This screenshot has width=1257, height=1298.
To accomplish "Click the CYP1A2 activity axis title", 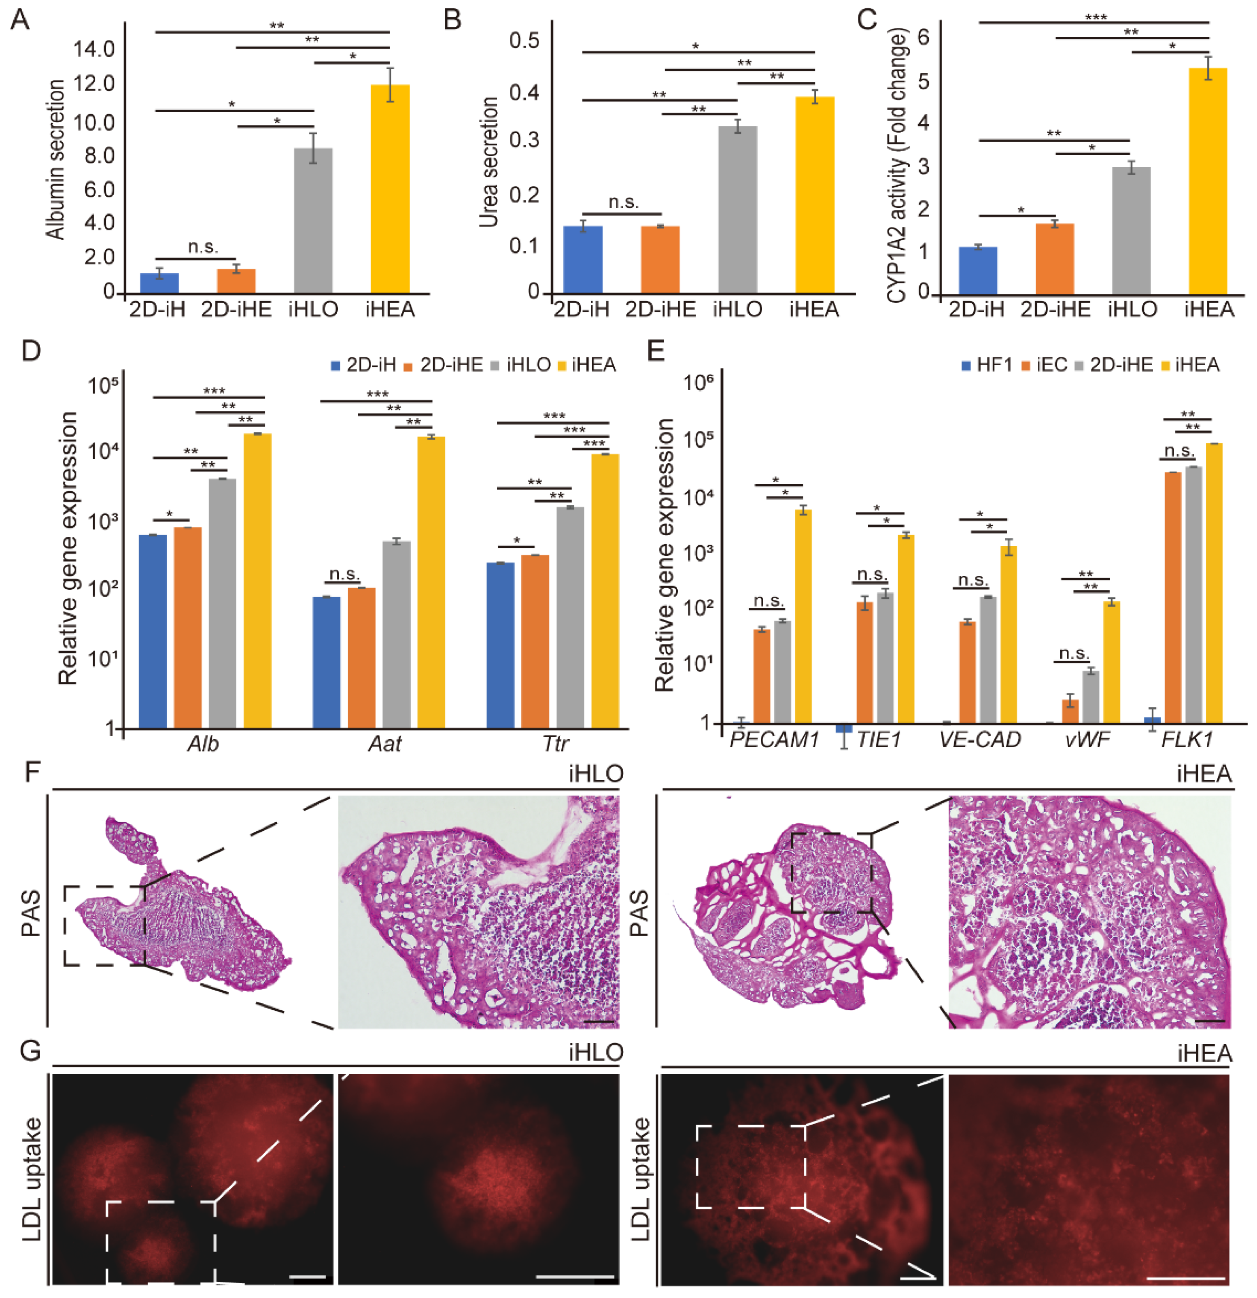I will tap(896, 166).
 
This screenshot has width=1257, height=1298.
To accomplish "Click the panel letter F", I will tap(32, 773).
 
